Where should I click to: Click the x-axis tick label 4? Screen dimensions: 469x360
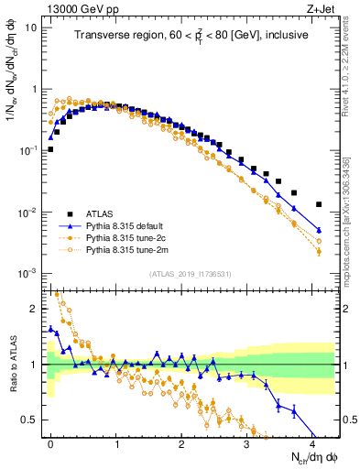(x=312, y=444)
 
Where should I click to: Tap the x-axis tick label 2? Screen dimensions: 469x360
(x=181, y=444)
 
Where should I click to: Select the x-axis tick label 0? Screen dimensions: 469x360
(x=50, y=444)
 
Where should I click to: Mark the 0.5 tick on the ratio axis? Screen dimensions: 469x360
(x=33, y=420)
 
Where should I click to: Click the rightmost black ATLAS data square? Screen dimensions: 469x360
(x=319, y=204)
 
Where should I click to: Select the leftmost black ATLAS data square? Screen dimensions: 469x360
(x=50, y=149)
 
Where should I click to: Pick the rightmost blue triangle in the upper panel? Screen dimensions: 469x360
(x=319, y=230)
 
